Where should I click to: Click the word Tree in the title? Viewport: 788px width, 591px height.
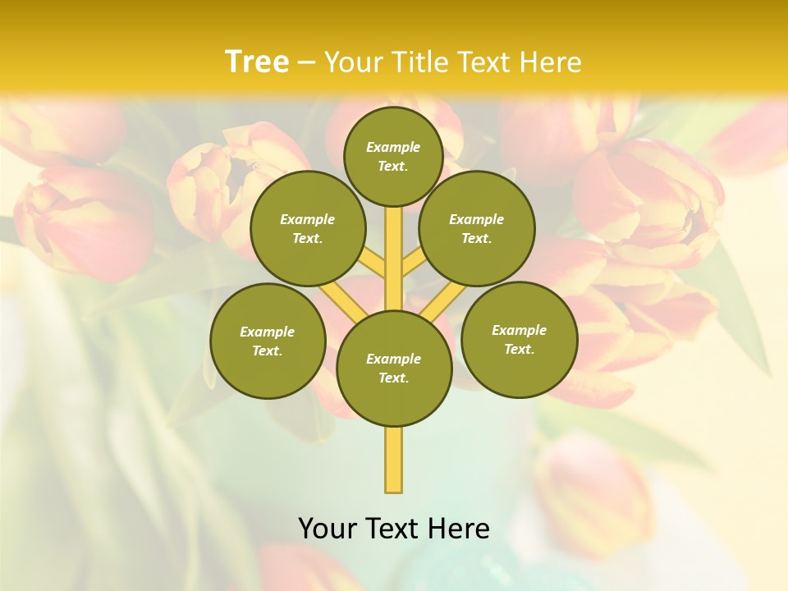tap(257, 62)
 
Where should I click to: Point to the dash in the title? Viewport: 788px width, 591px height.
tap(307, 62)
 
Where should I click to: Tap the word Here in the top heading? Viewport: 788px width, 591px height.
tap(551, 62)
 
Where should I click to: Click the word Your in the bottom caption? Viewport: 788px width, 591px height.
tap(328, 529)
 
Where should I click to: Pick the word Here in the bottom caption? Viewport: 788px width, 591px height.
tap(459, 529)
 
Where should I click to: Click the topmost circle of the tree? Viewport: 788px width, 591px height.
tap(393, 156)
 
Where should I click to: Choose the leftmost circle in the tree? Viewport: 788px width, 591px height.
tap(268, 341)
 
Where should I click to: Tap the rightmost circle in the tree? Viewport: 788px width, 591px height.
tap(519, 339)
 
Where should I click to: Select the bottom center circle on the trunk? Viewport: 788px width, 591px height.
tap(394, 368)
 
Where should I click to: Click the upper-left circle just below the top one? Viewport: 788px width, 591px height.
tap(308, 228)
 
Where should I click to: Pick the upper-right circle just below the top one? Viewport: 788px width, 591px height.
tap(476, 228)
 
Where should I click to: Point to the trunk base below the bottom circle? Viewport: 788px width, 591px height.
tap(394, 460)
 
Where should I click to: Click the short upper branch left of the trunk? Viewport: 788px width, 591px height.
tap(373, 264)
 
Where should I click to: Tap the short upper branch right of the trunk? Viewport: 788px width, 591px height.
tap(413, 264)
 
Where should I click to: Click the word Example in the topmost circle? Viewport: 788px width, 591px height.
tap(393, 147)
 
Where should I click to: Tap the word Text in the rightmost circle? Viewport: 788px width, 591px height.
tap(519, 349)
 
